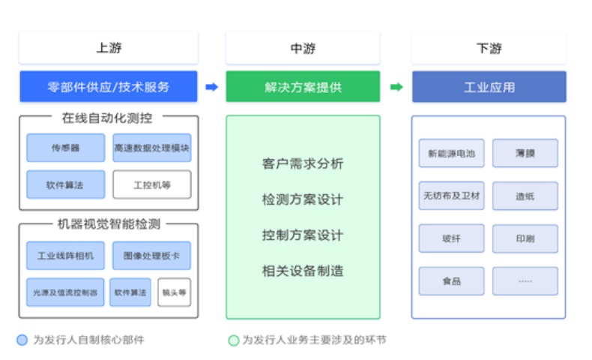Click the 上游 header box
(x=109, y=48)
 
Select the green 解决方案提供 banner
(x=303, y=87)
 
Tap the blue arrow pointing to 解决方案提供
(x=212, y=87)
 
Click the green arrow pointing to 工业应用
(x=396, y=87)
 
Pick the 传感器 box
(x=65, y=148)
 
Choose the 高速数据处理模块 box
(x=151, y=148)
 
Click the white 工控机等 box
(x=151, y=184)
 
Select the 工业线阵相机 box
(x=65, y=256)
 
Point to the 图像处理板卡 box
(x=151, y=256)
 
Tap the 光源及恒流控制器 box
(x=65, y=292)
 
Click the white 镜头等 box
(x=174, y=292)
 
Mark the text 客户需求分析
(x=303, y=163)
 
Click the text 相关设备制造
(x=303, y=271)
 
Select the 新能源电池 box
(x=451, y=153)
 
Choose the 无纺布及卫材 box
(x=451, y=196)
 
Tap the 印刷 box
(x=525, y=238)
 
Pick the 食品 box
(x=451, y=281)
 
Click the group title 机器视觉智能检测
(x=109, y=223)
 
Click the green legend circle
(x=233, y=340)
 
